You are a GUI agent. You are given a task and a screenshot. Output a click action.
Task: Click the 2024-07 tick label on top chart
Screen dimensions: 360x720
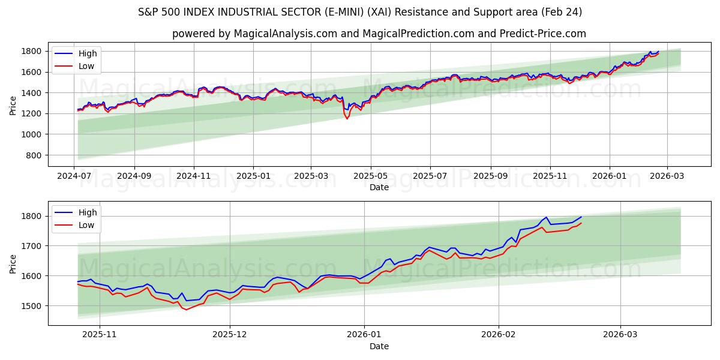[74, 175]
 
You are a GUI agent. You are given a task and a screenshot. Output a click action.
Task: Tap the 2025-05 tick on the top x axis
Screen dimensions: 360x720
[370, 175]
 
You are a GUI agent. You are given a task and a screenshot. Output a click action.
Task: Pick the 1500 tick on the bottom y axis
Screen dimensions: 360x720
[34, 306]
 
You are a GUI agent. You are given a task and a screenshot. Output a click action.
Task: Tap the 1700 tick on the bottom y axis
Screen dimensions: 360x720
[34, 246]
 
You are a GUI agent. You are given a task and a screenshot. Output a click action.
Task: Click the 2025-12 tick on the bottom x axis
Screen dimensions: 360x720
[230, 334]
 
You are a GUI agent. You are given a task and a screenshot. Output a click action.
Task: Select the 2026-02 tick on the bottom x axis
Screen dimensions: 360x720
[499, 334]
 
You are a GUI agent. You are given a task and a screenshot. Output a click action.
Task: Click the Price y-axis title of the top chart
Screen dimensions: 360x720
[13, 105]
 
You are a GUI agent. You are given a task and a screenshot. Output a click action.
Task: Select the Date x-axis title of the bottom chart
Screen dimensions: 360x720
[379, 346]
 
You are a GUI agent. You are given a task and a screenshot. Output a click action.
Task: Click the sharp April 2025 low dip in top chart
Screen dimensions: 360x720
[347, 118]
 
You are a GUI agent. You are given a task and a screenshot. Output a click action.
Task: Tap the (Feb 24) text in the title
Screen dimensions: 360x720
[560, 12]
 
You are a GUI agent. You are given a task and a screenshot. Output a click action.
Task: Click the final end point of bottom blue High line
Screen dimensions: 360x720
[581, 217]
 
